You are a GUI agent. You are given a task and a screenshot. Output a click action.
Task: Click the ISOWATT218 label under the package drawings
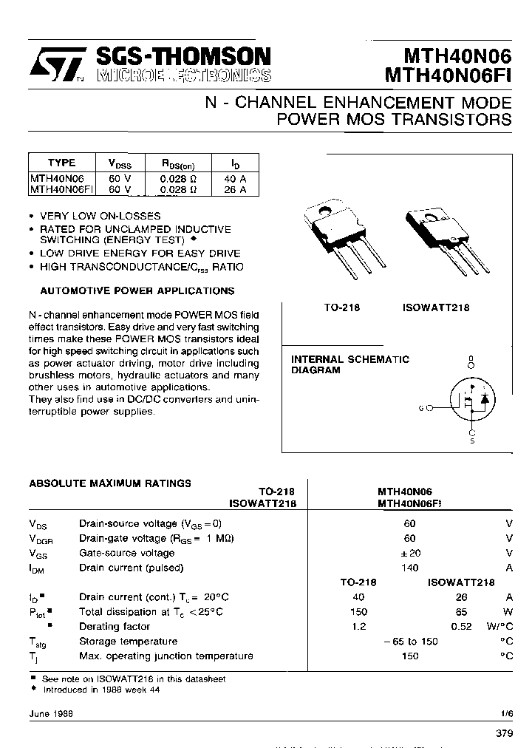pos(436,307)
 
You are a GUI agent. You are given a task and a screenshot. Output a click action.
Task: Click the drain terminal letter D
pos(471,359)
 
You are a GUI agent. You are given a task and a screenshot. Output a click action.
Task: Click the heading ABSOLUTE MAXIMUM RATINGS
pos(110,483)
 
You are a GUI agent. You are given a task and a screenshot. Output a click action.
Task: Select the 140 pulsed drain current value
pos(409,568)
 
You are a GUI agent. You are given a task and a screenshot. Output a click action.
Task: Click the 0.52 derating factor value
pos(461,626)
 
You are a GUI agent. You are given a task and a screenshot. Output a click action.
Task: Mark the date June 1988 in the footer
pos(46,713)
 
